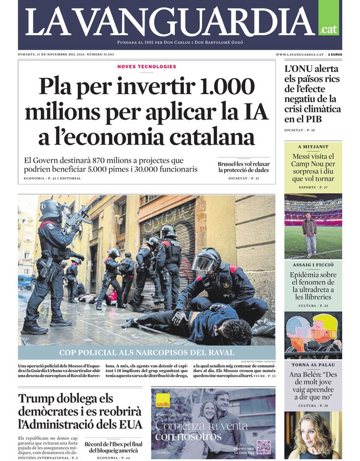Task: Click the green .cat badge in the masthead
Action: [x=328, y=29]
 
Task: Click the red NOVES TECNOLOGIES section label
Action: [x=146, y=67]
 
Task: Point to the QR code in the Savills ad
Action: [x=263, y=447]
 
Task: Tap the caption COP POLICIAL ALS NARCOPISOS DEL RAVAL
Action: [x=146, y=352]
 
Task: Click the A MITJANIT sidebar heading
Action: [x=313, y=147]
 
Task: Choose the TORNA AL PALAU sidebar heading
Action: [x=313, y=365]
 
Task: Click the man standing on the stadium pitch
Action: [x=310, y=233]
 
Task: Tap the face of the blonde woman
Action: [x=312, y=432]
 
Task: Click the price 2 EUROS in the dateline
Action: [x=335, y=55]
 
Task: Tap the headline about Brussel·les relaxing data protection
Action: [x=243, y=167]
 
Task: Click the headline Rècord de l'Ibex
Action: [x=113, y=447]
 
